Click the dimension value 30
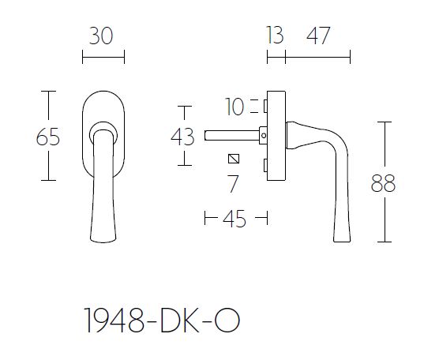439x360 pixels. click(x=103, y=36)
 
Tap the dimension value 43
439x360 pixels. click(x=183, y=137)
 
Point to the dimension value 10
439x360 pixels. click(x=235, y=105)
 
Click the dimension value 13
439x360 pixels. click(x=276, y=36)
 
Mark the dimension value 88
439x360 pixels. click(x=384, y=184)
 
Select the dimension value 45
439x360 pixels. click(x=235, y=219)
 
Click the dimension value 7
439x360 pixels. click(x=233, y=185)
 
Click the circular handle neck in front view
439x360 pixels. click(x=102, y=130)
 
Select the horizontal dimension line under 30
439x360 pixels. click(x=103, y=58)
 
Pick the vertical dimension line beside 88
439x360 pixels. click(x=385, y=142)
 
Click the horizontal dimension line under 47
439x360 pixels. click(x=317, y=58)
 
